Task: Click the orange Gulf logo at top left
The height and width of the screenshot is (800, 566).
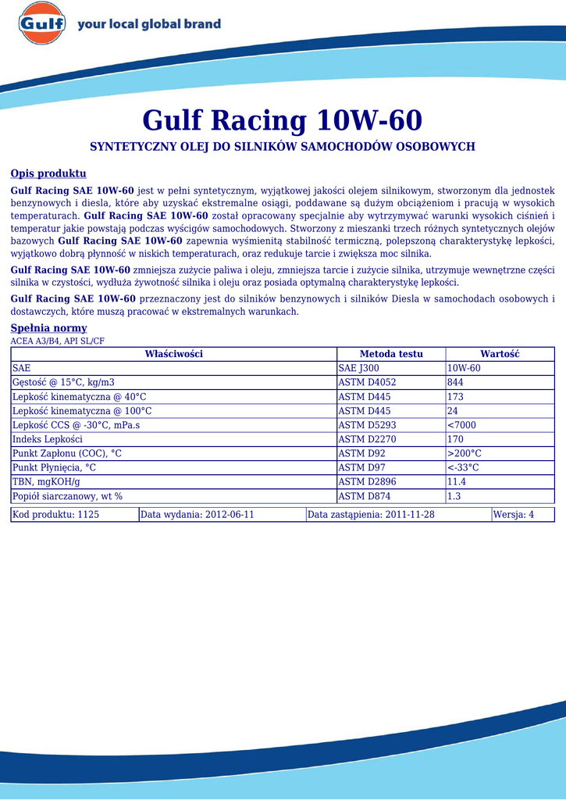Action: [x=41, y=23]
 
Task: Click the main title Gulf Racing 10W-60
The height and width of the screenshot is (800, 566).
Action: [x=282, y=121]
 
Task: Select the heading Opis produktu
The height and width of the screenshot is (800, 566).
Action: [x=48, y=173]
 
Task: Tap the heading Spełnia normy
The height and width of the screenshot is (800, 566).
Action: [x=48, y=328]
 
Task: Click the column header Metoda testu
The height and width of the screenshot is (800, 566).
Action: [x=390, y=354]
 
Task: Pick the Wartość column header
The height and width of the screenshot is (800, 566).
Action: [x=500, y=354]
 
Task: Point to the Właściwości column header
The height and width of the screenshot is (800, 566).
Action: [x=173, y=354]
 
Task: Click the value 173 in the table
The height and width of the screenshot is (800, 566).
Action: [x=455, y=397]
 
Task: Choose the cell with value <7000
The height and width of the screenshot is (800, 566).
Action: [x=461, y=425]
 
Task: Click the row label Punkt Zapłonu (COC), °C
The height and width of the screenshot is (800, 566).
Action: [x=67, y=453]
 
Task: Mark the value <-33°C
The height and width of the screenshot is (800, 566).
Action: [x=463, y=467]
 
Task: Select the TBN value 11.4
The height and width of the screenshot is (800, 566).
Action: [x=457, y=481]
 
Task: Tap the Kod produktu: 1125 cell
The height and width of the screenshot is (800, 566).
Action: [x=55, y=515]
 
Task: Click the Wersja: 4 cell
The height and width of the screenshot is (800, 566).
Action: [x=514, y=515]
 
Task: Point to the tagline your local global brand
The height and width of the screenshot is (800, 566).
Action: [x=149, y=24]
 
